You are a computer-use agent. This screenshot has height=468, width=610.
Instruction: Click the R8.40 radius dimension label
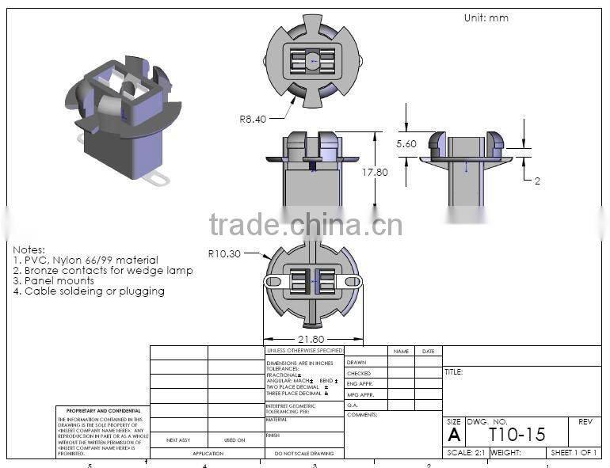253,119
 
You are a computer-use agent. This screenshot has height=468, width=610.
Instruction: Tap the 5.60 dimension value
406,143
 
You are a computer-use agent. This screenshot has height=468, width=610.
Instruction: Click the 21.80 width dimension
310,338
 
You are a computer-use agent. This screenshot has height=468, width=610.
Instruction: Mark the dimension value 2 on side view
536,181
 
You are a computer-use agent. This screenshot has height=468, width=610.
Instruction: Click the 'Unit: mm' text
486,17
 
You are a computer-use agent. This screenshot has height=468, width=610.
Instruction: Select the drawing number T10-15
517,434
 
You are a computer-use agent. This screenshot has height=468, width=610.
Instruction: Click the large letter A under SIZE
454,435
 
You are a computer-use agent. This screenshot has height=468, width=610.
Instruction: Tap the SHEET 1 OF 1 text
574,453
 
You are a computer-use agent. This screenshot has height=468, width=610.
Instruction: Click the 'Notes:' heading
29,249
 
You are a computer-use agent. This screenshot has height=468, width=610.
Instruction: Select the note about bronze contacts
103,270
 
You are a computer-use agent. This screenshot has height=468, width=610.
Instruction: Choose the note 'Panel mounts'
54,280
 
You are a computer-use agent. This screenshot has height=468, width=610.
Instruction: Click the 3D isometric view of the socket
119,119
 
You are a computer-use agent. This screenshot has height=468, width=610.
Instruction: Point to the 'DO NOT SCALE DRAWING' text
304,454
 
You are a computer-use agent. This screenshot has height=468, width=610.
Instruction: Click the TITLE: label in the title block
454,371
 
